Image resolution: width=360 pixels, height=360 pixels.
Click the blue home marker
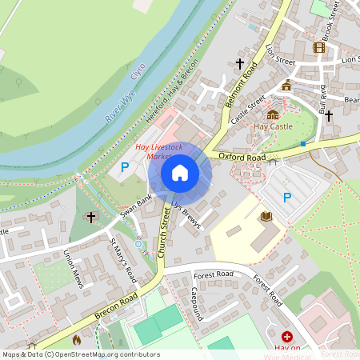[x=180, y=173]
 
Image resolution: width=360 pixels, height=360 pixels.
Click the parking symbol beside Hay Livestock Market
[x=124, y=167]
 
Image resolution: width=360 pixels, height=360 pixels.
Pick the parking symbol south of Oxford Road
[x=287, y=197]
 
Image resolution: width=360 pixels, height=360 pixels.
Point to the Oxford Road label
[x=241, y=158]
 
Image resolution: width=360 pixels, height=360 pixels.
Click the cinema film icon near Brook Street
[x=319, y=47]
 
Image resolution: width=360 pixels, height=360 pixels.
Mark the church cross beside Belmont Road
[x=238, y=63]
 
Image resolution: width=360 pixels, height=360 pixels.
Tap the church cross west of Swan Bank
[x=90, y=217]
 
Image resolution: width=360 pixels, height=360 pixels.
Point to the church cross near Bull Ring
[x=328, y=115]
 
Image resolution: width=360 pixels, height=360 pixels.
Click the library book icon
[x=266, y=216]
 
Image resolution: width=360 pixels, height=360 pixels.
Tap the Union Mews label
[x=73, y=268]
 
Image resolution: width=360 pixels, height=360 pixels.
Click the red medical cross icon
[x=286, y=338]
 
